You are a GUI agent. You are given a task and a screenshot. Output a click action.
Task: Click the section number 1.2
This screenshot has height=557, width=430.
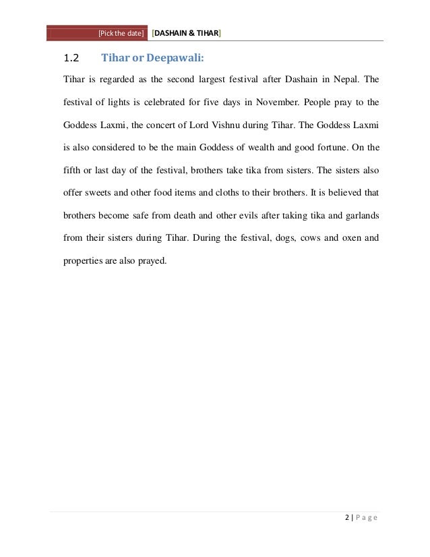71,57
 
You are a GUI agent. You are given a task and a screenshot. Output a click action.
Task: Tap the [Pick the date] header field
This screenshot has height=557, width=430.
121,33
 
